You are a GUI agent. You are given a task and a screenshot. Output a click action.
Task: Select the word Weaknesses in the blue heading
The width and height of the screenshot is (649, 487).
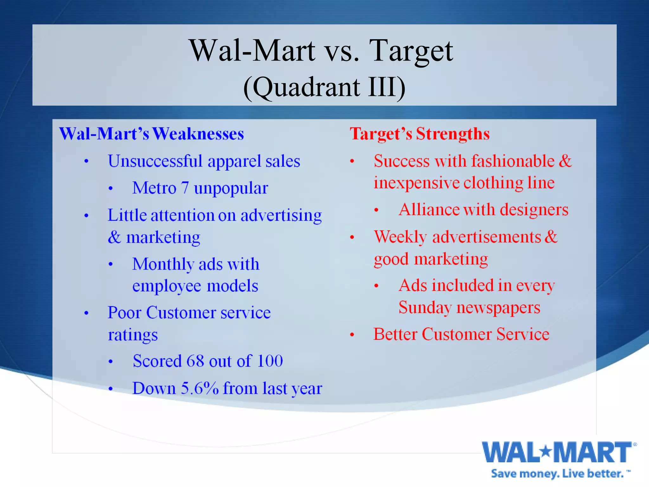[x=198, y=134]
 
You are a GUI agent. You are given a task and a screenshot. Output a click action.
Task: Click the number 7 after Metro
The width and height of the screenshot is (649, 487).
[x=185, y=188]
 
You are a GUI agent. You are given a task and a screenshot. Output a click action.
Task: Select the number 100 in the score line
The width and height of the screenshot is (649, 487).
[x=270, y=361]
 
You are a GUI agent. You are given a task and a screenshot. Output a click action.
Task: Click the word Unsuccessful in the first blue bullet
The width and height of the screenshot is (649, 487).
[x=155, y=161]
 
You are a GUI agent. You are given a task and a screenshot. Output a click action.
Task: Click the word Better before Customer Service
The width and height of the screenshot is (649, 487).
[x=395, y=334]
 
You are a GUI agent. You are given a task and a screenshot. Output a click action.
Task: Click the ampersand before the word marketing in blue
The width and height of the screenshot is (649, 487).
[x=114, y=237]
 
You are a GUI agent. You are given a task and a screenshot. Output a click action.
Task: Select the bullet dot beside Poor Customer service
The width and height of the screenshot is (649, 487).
[x=86, y=313]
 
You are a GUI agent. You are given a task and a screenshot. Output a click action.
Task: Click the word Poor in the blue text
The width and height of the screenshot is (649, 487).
[x=124, y=313]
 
